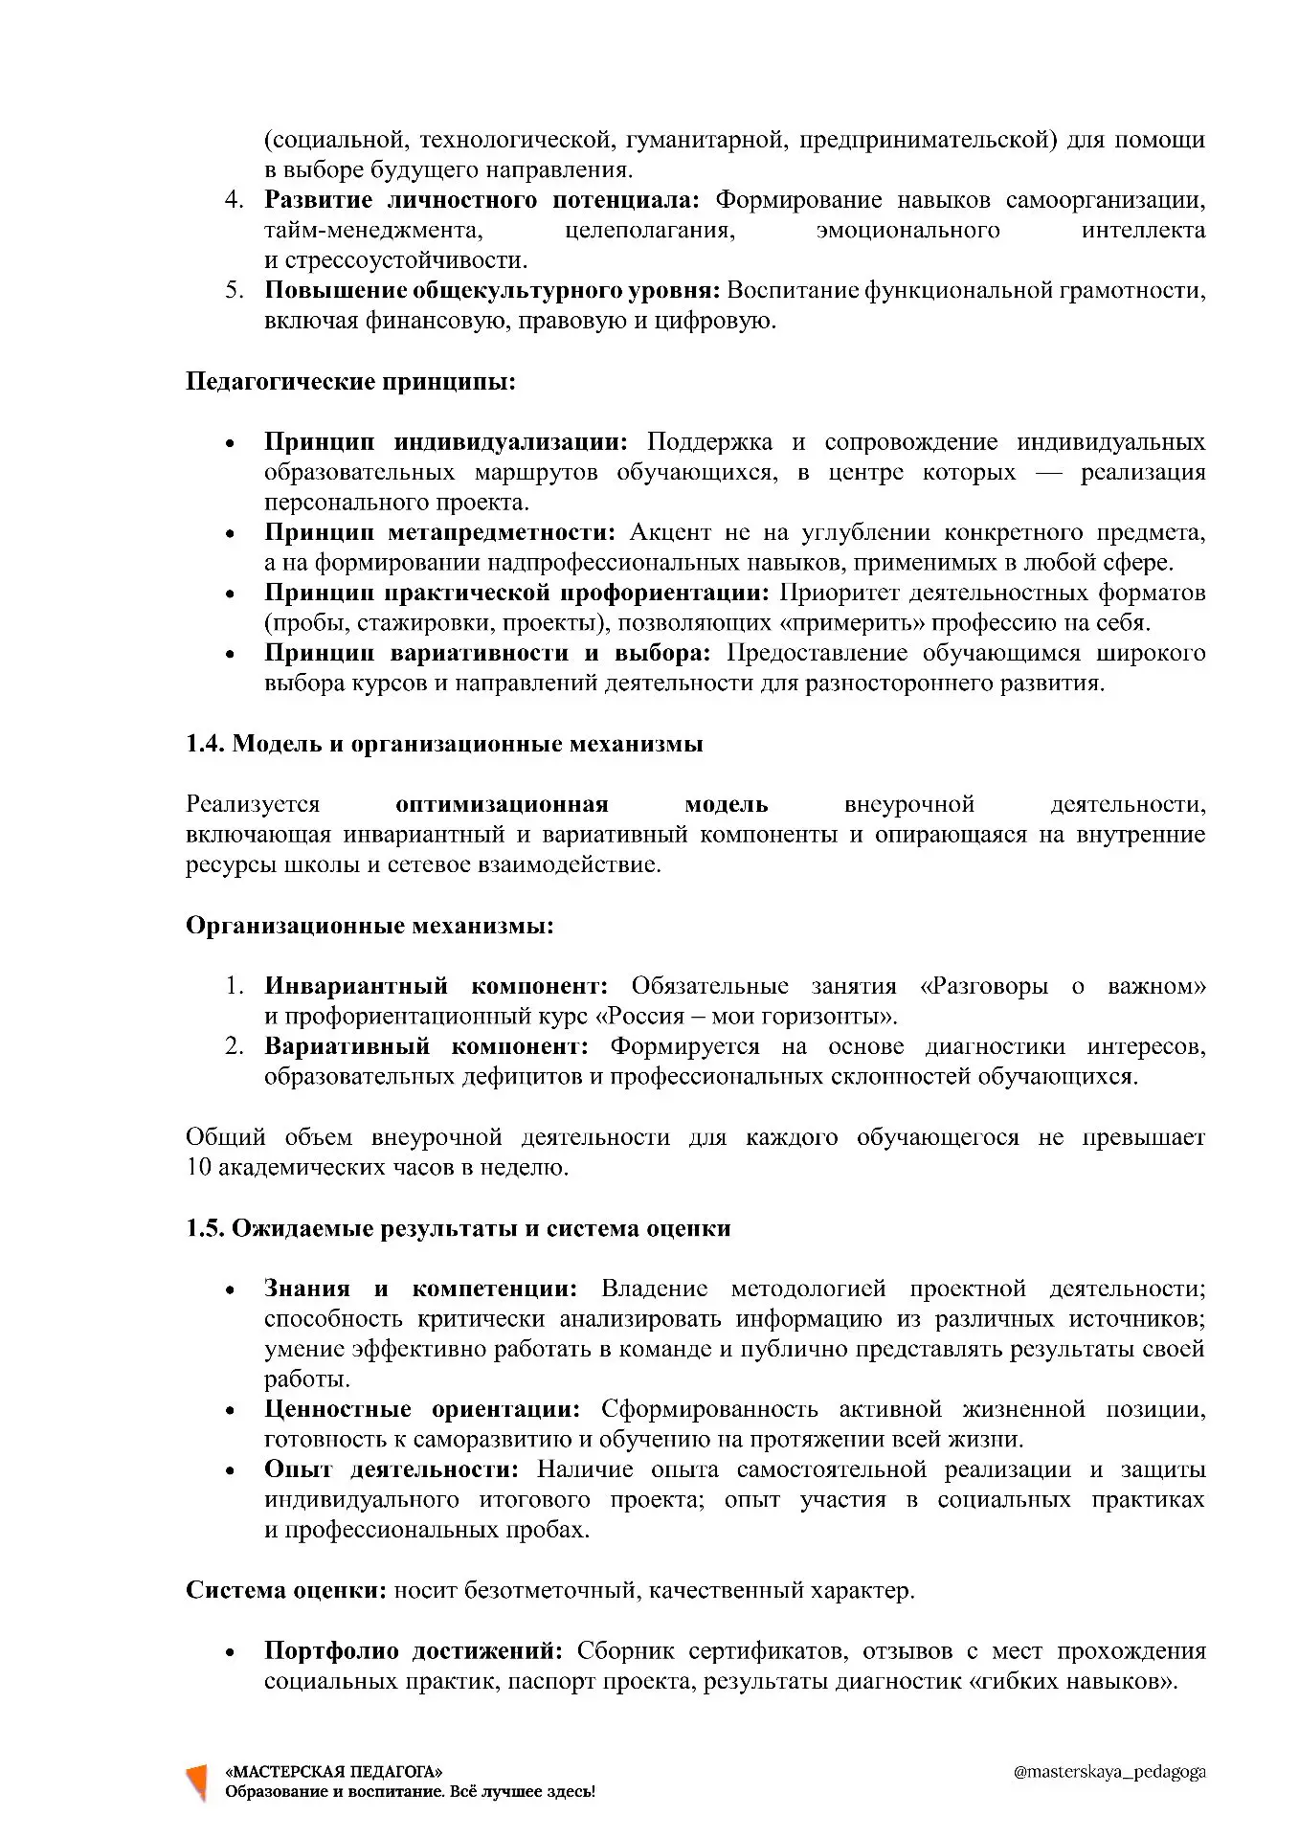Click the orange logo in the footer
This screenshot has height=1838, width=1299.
(x=197, y=1782)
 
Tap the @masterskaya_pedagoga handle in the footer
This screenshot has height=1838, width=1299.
(x=1109, y=1772)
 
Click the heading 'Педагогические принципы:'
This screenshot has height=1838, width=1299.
(x=350, y=382)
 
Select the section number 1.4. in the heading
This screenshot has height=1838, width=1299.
(x=205, y=744)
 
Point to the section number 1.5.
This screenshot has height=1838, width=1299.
(x=205, y=1228)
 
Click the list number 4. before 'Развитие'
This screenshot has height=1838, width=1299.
(x=235, y=200)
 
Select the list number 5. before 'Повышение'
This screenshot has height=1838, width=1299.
(x=235, y=290)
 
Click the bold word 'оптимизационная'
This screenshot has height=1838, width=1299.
(x=502, y=804)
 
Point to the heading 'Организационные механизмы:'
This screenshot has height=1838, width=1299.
(x=370, y=926)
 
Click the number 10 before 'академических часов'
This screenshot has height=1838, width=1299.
(x=198, y=1168)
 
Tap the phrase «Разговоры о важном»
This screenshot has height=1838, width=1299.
(x=1062, y=986)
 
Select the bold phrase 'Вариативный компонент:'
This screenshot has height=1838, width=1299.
(x=426, y=1046)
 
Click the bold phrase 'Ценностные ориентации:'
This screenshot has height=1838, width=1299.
(x=422, y=1409)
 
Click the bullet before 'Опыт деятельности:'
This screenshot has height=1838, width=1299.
(x=230, y=1471)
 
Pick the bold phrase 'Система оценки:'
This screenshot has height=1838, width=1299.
(x=285, y=1591)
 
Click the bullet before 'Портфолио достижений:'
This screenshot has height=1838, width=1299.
(x=230, y=1652)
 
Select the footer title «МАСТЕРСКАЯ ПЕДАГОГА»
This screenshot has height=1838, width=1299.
(x=333, y=1772)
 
